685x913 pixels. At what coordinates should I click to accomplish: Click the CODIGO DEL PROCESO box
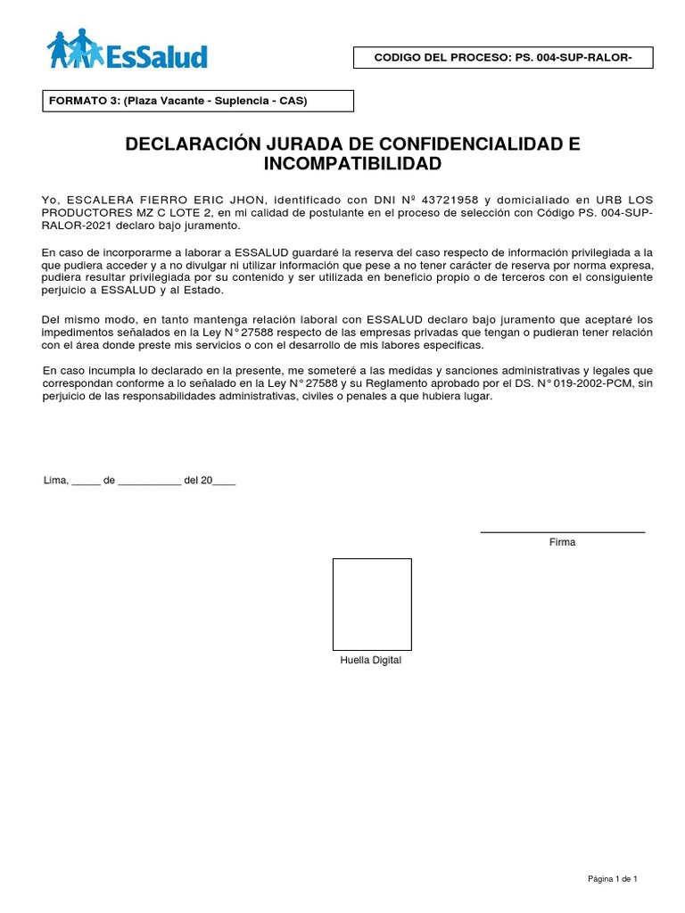503,58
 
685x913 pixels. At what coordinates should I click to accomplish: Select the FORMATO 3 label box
198,101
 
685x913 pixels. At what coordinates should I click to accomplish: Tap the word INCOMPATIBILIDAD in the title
353,165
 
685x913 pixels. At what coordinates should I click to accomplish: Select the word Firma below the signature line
562,542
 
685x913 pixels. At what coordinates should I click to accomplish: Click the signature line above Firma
562,532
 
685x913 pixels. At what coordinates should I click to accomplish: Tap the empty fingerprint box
372,604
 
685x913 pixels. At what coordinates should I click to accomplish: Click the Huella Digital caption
371,661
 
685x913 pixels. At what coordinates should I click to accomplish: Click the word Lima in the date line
55,480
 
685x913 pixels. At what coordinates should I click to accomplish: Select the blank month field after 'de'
149,481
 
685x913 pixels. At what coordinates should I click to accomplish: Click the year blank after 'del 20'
225,481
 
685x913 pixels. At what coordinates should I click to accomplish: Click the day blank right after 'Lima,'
86,481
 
